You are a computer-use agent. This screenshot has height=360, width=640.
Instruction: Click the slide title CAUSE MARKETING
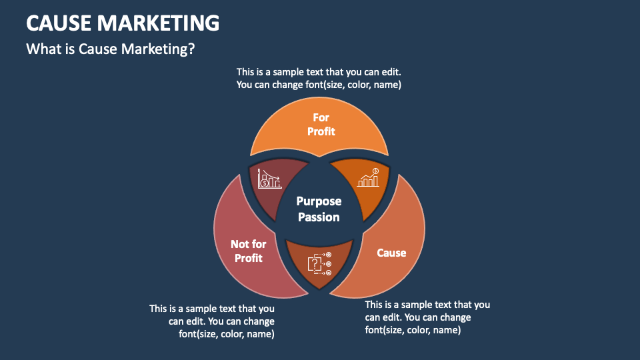coord(123,23)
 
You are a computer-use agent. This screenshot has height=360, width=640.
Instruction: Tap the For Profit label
coord(321,125)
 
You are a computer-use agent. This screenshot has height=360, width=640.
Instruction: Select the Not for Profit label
coord(248,251)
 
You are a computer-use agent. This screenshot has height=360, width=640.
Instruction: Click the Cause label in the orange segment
coord(391,253)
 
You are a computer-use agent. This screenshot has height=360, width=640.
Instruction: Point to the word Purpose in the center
coord(319,201)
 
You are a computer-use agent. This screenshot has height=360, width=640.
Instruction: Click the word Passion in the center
coord(319,217)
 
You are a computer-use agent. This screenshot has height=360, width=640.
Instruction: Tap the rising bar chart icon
coord(369,177)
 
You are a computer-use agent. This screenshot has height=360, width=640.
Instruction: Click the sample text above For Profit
coord(319,78)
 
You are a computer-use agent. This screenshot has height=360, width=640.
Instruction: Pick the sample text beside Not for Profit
coord(212,321)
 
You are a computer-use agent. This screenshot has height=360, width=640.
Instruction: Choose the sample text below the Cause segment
coord(427,317)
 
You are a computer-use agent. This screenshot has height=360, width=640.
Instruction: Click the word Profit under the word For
coord(321,132)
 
